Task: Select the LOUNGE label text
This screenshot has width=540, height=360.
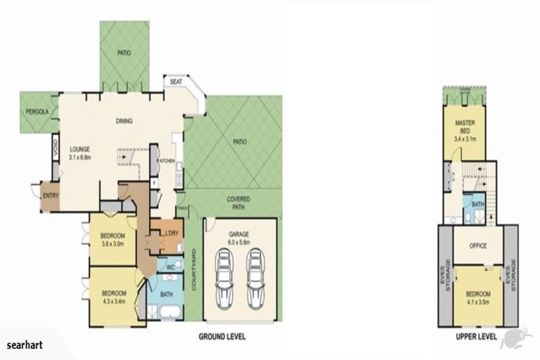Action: point(79,149)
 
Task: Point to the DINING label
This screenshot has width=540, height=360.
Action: point(124,121)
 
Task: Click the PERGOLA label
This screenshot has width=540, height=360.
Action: point(37,112)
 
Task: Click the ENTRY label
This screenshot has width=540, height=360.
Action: point(50,195)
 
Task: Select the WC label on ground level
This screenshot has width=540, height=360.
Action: point(171,268)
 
